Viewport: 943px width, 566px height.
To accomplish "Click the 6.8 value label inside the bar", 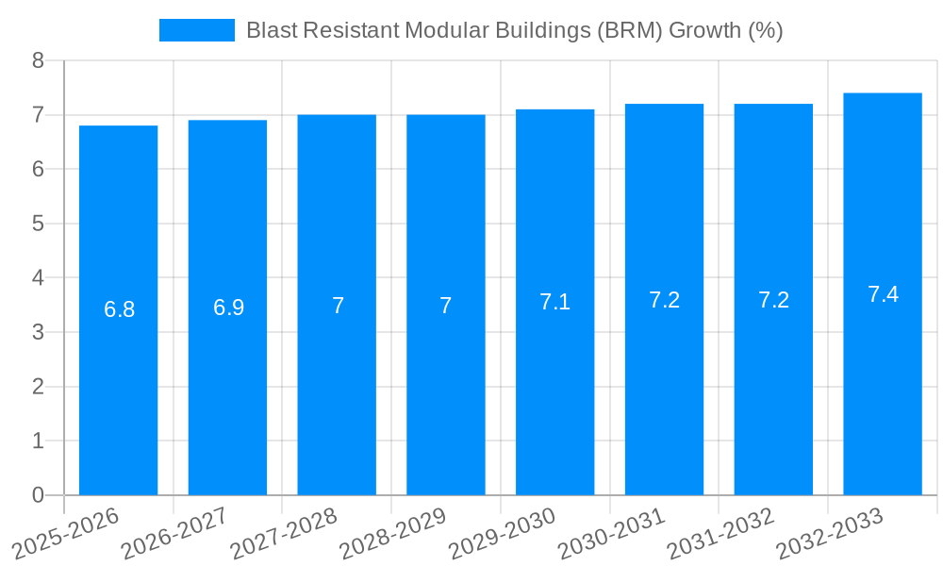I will pyautogui.click(x=119, y=309).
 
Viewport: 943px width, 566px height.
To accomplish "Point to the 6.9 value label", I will pyautogui.click(x=228, y=307).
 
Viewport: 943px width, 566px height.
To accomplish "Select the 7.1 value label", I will pyautogui.click(x=554, y=302).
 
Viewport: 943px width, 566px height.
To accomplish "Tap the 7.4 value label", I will pyautogui.click(x=883, y=294).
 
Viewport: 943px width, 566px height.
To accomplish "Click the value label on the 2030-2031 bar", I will pyautogui.click(x=664, y=300).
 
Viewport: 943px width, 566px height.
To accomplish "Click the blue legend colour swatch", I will pyautogui.click(x=196, y=30).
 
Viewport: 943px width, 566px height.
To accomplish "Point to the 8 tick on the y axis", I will pyautogui.click(x=38, y=60).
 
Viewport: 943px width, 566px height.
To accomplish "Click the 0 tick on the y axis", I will pyautogui.click(x=38, y=495).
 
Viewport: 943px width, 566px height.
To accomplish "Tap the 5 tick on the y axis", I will pyautogui.click(x=38, y=224).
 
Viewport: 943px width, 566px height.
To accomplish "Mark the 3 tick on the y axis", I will pyautogui.click(x=38, y=332).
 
